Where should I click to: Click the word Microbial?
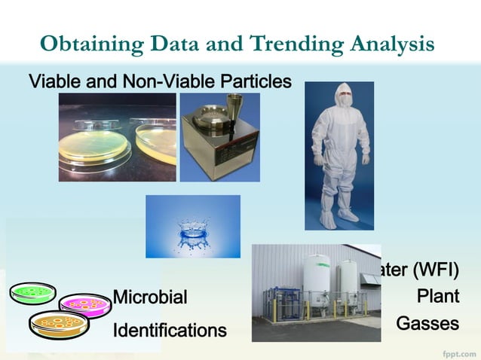[150, 297]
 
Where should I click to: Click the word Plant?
[439, 297]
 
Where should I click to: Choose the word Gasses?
[427, 324]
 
